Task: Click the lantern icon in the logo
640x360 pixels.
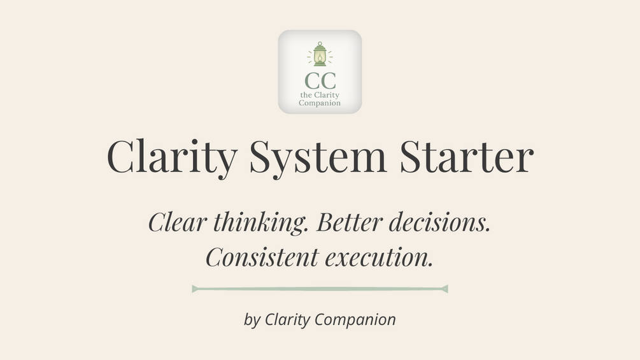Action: point(320,54)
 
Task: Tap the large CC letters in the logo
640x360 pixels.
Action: point(320,81)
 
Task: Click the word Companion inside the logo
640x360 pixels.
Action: point(320,103)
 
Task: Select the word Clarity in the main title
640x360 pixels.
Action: point(172,157)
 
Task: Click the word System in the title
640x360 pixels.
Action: point(318,157)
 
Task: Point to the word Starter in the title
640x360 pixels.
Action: point(467,156)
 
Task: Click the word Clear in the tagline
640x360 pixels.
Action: point(177,222)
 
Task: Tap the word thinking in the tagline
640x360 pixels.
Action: point(260,223)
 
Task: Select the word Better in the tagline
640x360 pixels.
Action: point(350,222)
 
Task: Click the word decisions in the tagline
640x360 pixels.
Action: point(439,222)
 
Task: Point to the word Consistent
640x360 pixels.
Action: point(262,257)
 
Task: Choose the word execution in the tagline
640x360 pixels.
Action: point(379,258)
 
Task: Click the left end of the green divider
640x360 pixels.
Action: point(192,289)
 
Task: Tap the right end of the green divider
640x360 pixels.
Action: point(448,289)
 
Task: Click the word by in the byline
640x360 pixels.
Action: point(252,320)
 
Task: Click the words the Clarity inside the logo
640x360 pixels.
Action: point(320,96)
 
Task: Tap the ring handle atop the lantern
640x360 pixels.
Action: point(320,43)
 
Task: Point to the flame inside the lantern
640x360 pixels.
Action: point(320,59)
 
